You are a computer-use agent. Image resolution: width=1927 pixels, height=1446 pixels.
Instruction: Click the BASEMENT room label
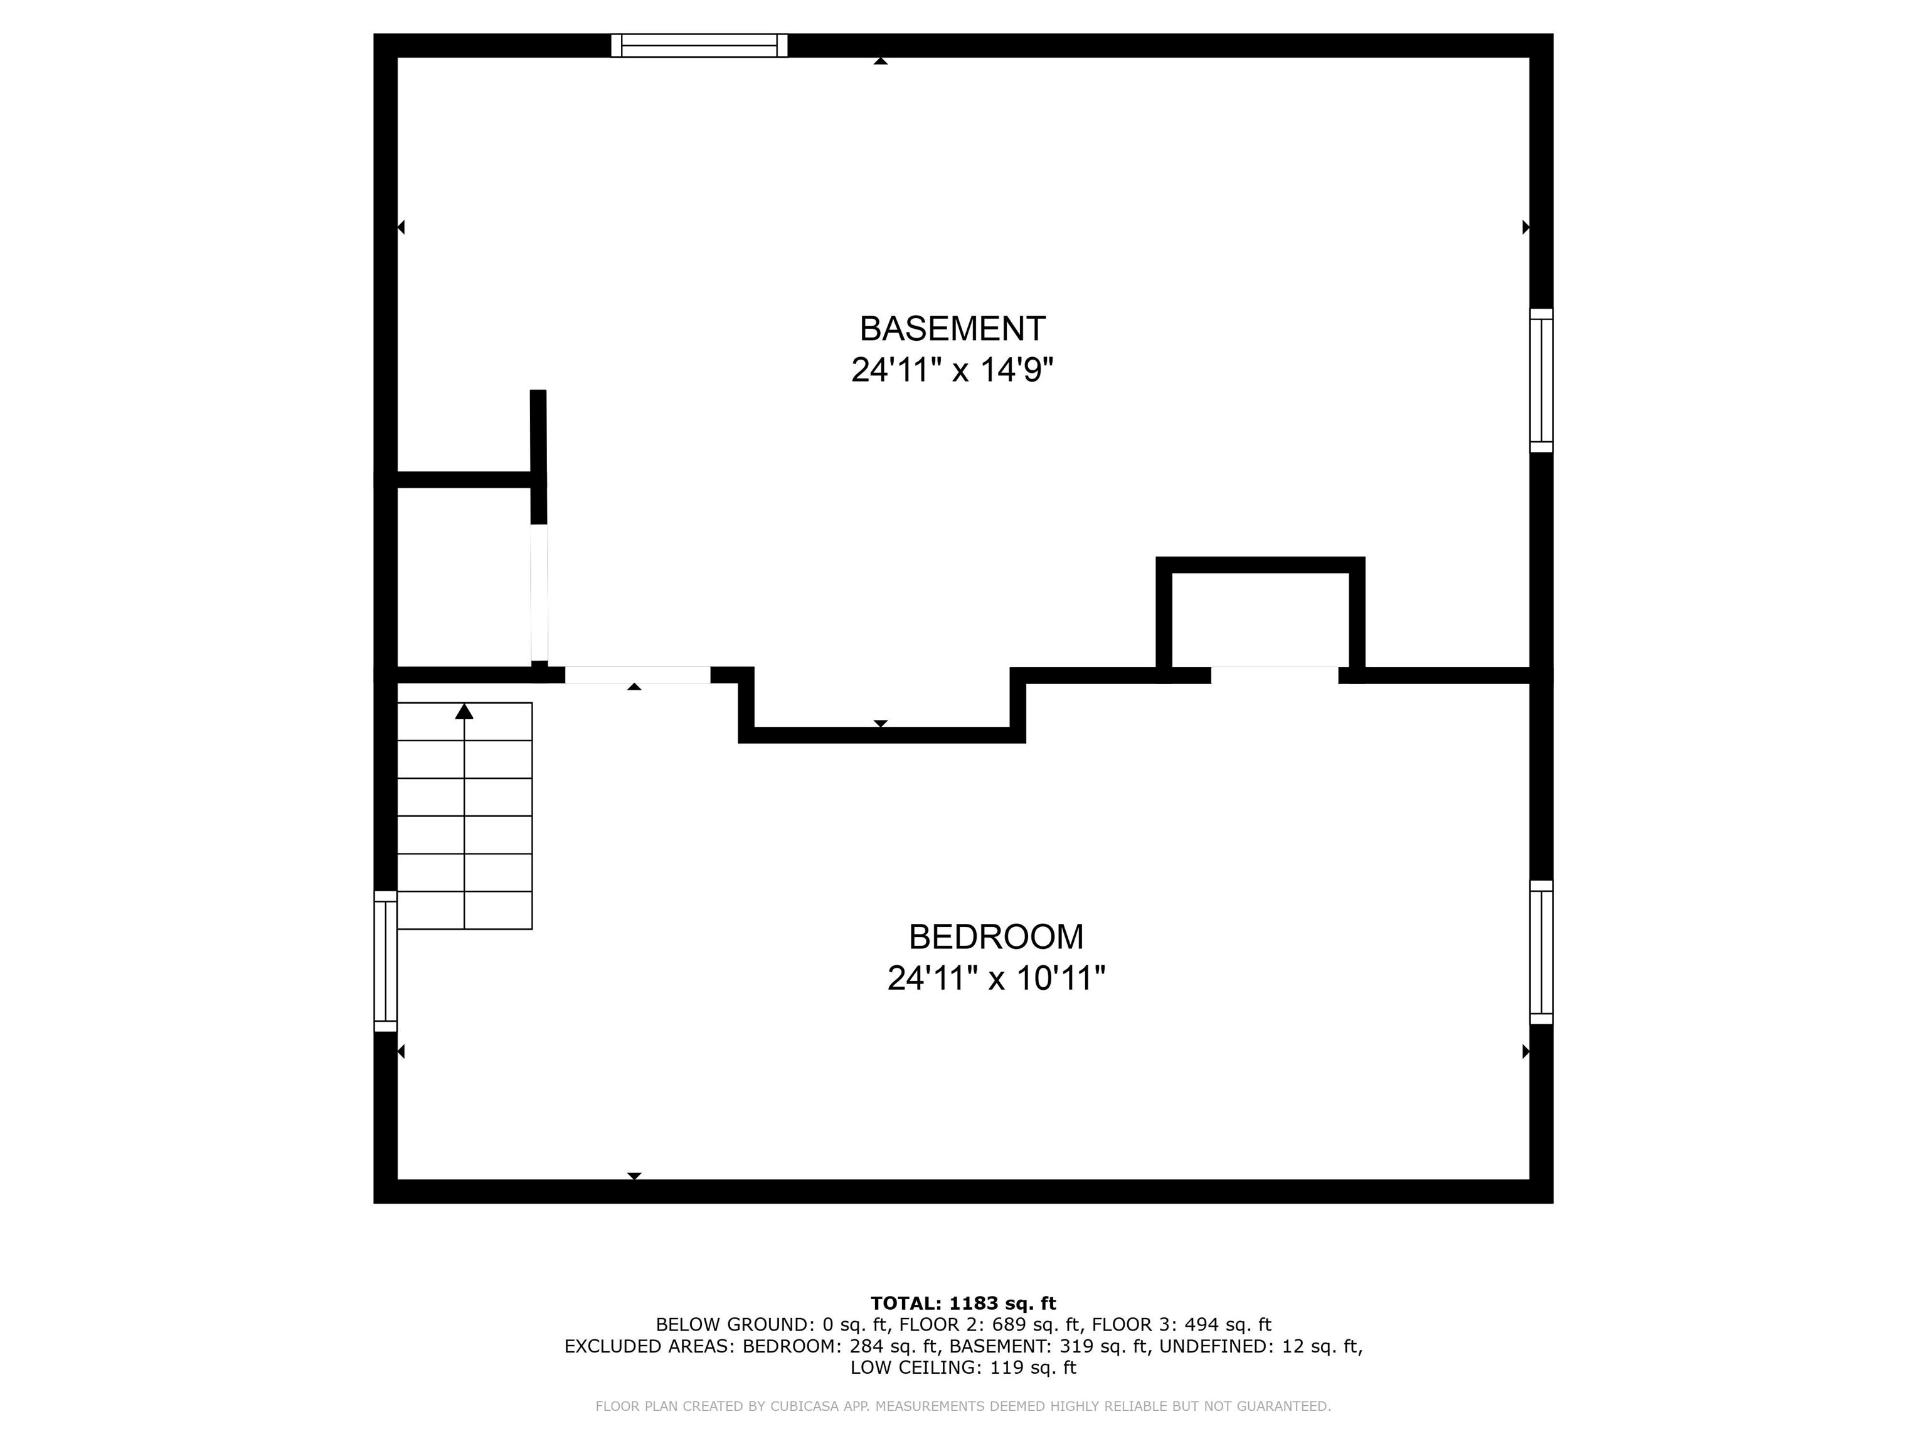(x=952, y=329)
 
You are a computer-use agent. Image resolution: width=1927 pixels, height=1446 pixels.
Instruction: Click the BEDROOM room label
(x=995, y=937)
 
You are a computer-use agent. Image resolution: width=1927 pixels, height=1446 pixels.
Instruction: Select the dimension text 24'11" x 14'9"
(x=952, y=370)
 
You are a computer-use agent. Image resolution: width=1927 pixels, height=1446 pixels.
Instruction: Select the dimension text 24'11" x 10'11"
(x=995, y=978)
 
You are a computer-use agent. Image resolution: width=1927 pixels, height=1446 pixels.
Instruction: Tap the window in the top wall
(x=699, y=45)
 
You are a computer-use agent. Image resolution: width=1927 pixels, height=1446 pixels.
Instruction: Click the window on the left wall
(x=385, y=960)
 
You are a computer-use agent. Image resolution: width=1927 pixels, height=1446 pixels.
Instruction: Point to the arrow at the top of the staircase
(x=464, y=712)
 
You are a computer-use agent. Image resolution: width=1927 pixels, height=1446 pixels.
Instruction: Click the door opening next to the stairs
(x=638, y=675)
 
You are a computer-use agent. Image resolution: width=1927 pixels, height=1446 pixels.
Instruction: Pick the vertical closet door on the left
(x=539, y=592)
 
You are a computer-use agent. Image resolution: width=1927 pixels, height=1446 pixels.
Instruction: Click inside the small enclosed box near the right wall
(x=1260, y=619)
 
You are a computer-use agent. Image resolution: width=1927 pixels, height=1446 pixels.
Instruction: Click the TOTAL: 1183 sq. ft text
(x=963, y=1303)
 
